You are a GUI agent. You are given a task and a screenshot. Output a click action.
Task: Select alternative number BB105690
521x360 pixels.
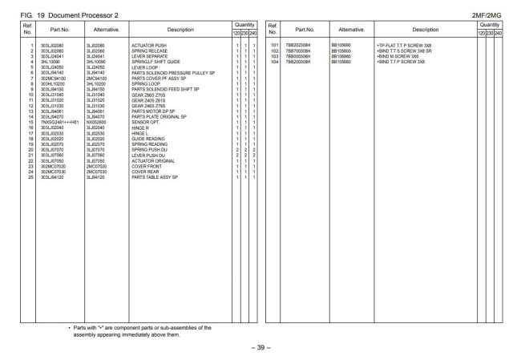click(x=341, y=46)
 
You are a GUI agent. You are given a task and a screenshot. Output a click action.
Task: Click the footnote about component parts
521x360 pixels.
click(x=141, y=330)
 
